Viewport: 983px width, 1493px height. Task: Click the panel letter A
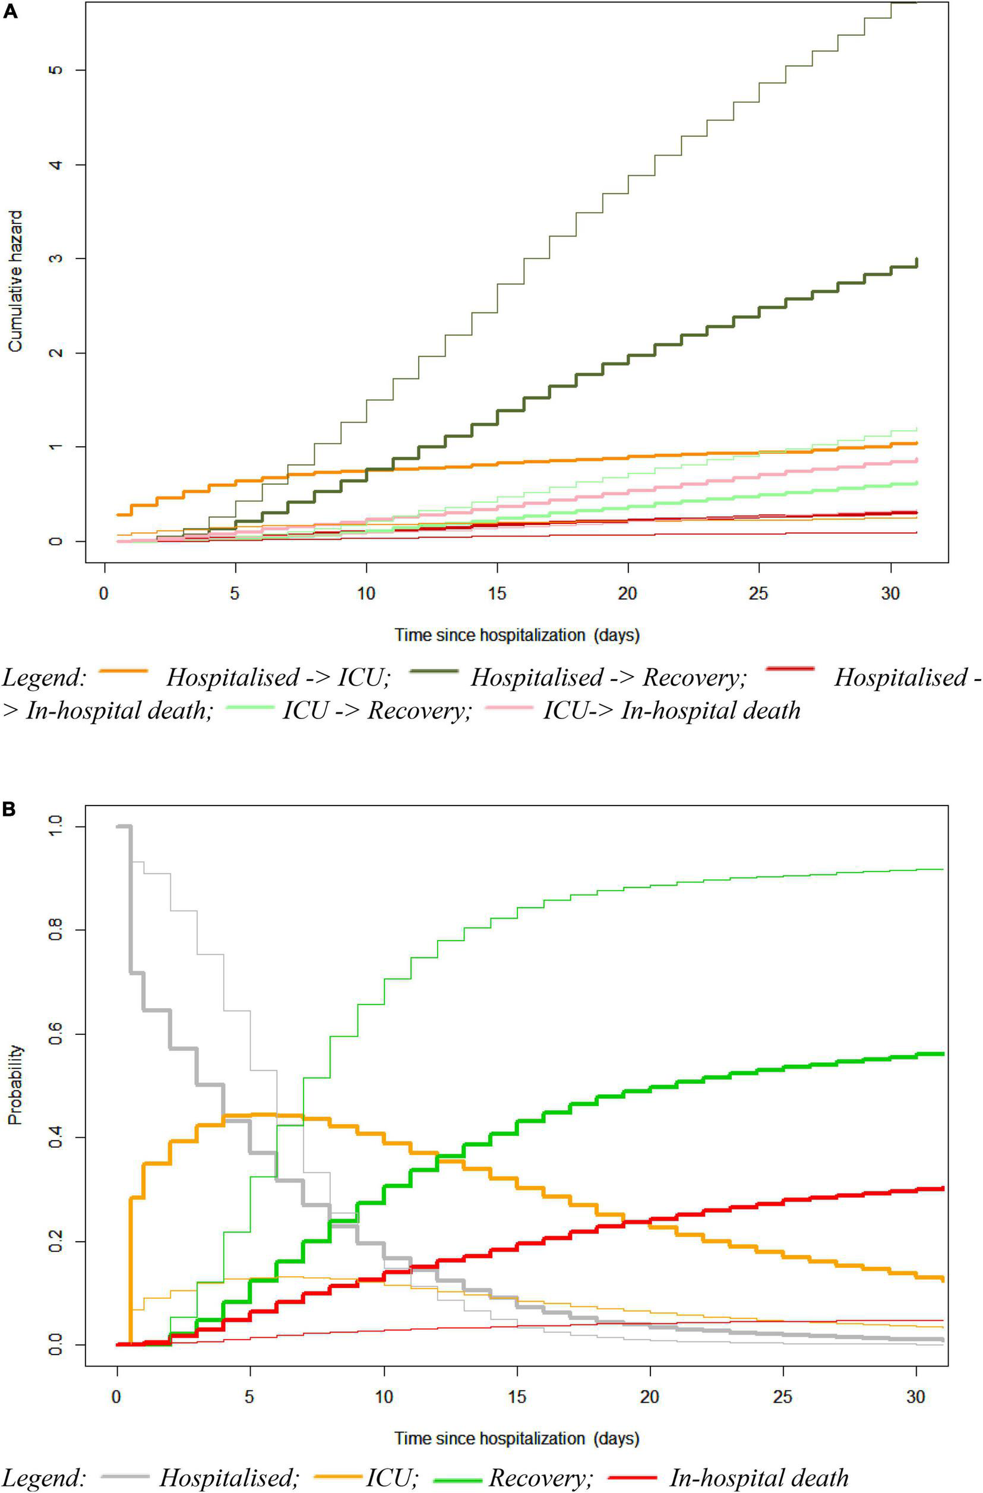click(10, 12)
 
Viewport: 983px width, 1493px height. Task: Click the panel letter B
click(10, 809)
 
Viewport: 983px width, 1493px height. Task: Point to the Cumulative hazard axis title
click(16, 281)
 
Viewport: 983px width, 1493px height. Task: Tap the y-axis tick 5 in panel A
click(57, 70)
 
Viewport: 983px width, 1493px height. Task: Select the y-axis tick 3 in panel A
click(57, 259)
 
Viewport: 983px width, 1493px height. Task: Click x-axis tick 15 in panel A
click(497, 594)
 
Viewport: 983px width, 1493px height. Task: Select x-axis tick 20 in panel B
click(649, 1397)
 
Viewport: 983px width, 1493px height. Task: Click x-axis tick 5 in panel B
click(250, 1397)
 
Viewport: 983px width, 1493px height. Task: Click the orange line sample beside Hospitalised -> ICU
click(124, 671)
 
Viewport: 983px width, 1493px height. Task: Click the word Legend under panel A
click(44, 678)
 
